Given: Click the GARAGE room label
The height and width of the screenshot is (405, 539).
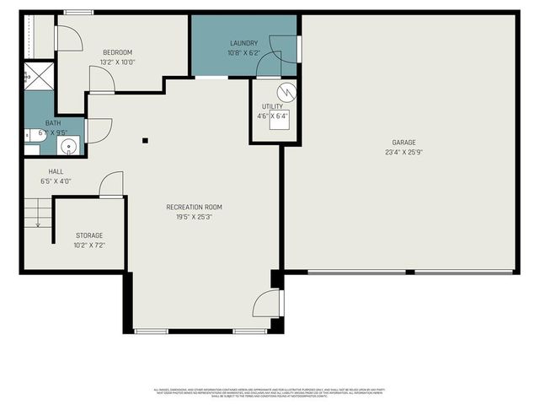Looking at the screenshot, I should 403,142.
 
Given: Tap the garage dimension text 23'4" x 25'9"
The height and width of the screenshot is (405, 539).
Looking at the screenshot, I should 403,153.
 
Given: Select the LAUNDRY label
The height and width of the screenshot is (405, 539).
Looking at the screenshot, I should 244,43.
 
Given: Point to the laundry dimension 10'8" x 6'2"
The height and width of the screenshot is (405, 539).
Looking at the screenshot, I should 244,53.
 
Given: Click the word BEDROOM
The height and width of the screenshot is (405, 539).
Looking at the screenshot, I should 118,51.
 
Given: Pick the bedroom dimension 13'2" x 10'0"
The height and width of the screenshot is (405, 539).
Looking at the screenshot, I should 118,62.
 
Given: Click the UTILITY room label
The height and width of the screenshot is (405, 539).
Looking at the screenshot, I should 271,106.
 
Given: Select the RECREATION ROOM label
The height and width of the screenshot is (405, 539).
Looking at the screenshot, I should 194,207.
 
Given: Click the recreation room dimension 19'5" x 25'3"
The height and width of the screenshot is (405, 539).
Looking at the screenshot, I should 194,217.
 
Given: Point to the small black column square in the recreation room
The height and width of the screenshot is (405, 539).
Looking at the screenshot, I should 145,141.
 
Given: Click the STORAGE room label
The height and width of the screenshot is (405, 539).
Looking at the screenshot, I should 89,235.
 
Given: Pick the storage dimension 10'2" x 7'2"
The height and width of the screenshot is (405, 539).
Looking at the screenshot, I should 89,246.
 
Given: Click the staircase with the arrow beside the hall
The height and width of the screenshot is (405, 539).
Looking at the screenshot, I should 33,213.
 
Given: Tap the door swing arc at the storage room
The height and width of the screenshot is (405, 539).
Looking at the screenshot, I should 111,185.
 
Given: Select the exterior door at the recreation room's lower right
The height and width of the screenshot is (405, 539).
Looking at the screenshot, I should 268,303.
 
